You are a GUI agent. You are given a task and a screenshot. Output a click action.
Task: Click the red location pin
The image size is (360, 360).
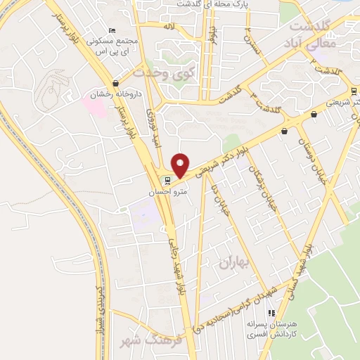tap(181, 165)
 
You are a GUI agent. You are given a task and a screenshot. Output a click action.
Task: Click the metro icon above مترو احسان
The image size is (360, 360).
tap(167, 179)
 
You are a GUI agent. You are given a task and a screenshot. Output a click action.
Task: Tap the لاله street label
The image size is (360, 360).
tap(168, 26)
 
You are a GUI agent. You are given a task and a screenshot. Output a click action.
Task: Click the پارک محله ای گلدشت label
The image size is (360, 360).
tap(228, 4)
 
